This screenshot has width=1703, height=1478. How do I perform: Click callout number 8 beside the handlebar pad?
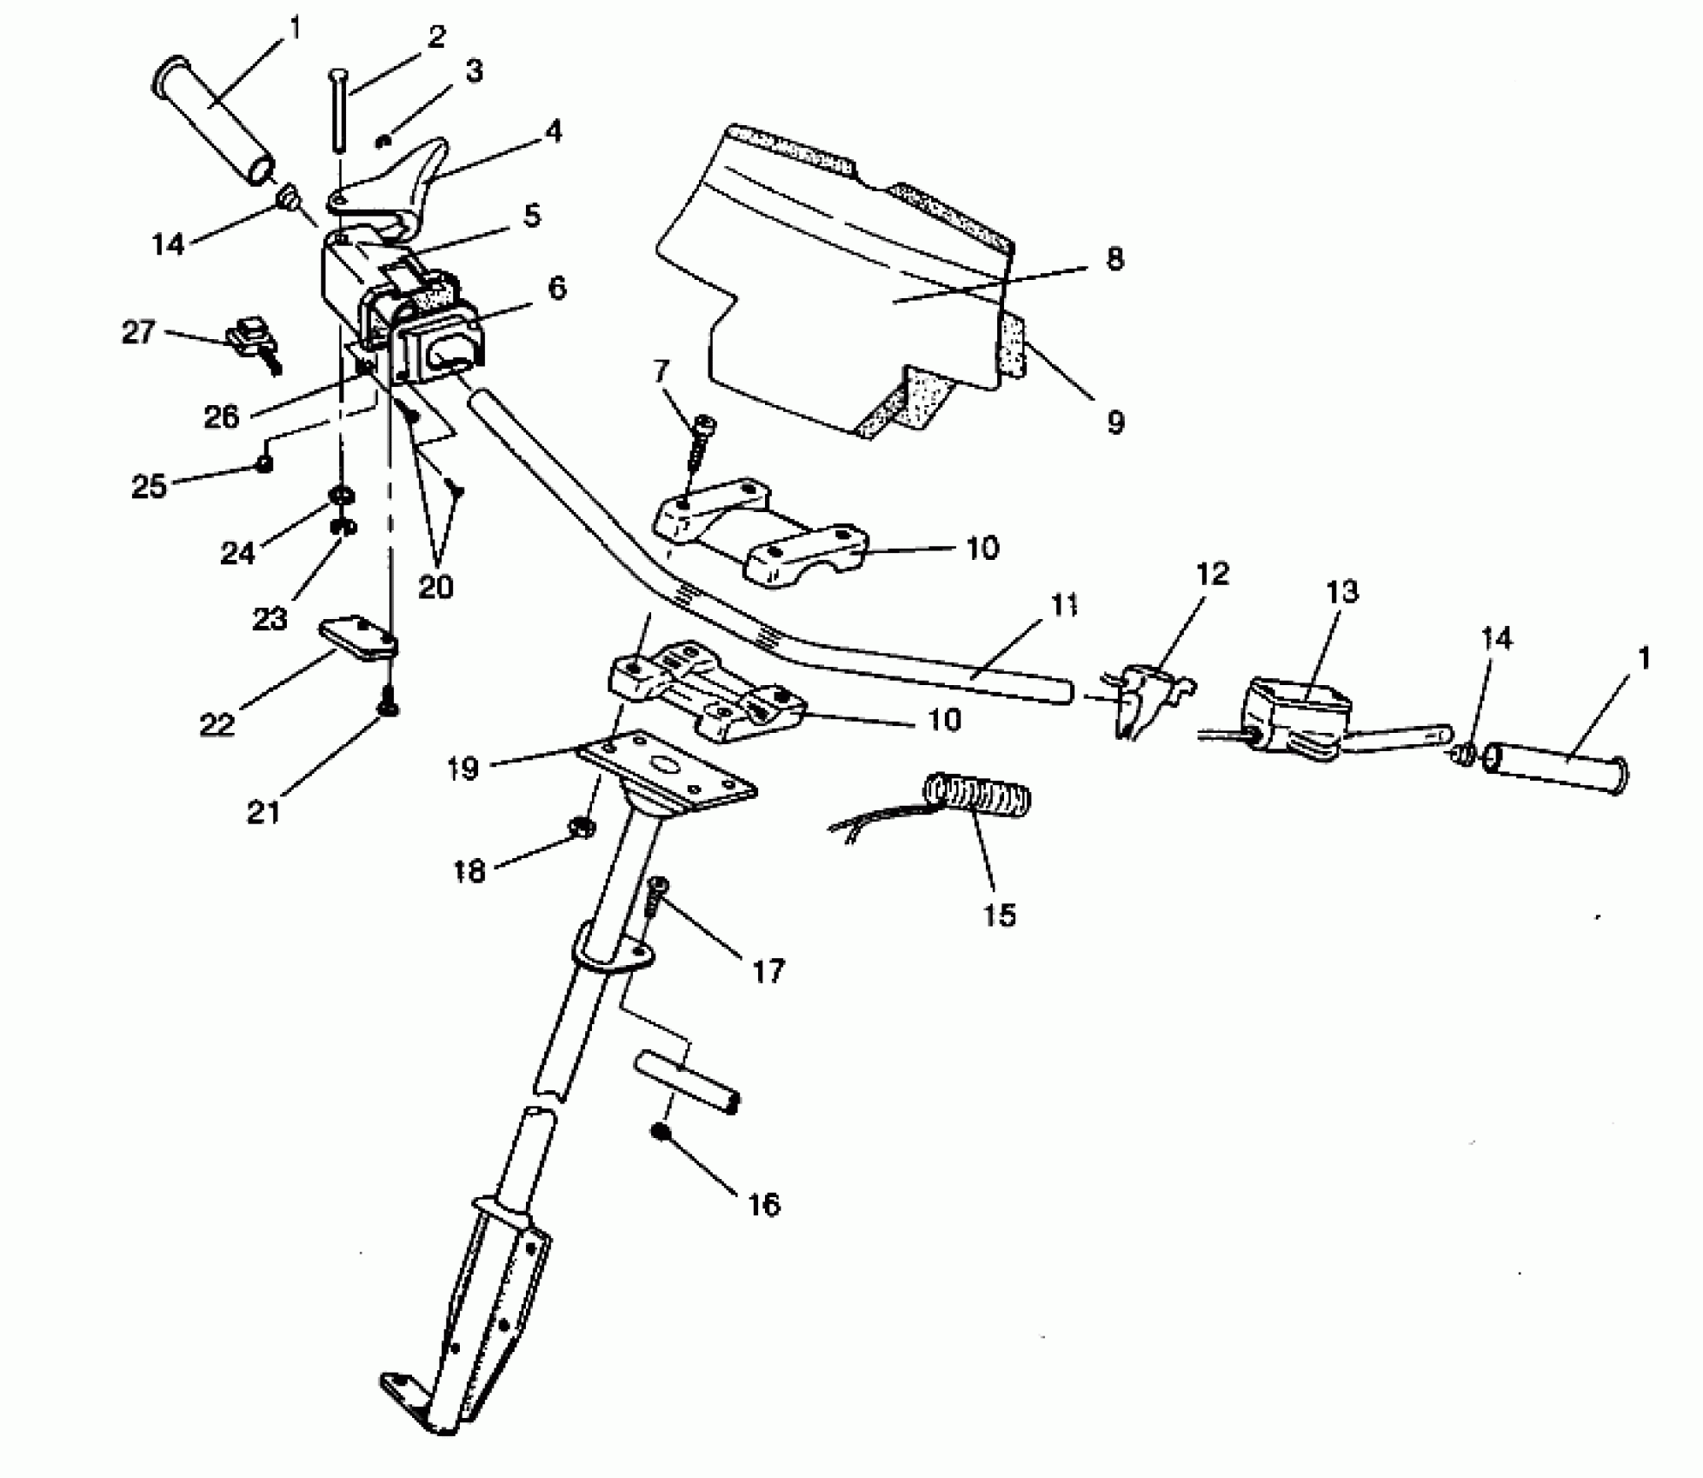click(1114, 259)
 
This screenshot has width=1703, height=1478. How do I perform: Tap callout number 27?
click(138, 331)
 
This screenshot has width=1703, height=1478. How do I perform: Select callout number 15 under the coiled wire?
click(999, 915)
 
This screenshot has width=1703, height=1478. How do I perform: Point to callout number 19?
click(463, 769)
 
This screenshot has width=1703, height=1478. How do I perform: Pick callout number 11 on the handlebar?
click(1063, 605)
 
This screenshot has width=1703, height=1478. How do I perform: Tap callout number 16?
click(763, 1204)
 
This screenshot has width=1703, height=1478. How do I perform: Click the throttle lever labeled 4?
click(404, 187)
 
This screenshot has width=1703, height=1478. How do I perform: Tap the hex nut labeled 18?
click(581, 827)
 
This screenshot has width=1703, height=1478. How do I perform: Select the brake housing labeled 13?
click(1295, 716)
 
